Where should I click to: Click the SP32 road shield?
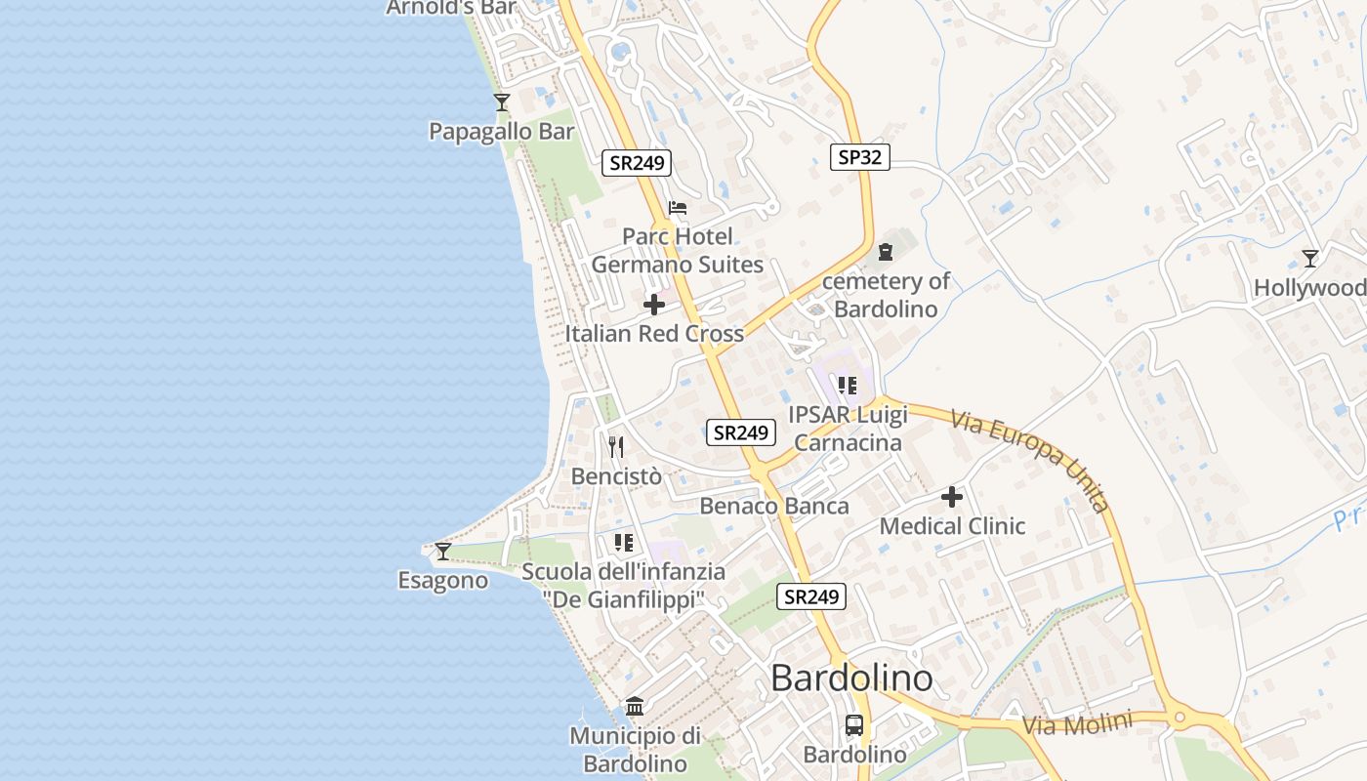pos(860,156)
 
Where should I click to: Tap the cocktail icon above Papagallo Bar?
pos(502,102)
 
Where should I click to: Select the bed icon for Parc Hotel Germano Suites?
pos(678,208)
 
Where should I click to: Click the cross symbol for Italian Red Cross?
pos(654,305)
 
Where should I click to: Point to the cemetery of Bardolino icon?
pos(886,252)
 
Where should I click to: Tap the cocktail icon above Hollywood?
pos(1310,259)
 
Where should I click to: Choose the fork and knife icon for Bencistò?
pos(616,447)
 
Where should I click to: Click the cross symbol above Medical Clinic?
pos(952,497)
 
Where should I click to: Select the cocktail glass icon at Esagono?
pos(442,552)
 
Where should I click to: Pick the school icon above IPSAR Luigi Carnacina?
pos(848,386)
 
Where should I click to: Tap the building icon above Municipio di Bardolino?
pos(635,706)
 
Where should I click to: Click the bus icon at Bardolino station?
pos(854,725)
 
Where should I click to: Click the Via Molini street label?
pos(1077,724)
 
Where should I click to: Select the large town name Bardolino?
pos(851,678)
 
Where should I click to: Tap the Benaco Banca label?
pos(774,506)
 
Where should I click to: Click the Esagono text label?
pos(442,580)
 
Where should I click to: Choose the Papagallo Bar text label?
pos(502,131)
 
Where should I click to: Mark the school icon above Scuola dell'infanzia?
pos(624,543)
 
